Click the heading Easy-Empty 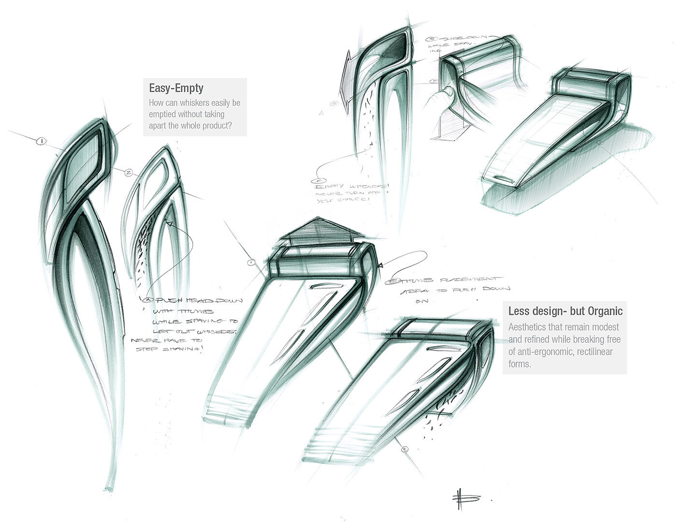(176, 88)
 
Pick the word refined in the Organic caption (545, 339)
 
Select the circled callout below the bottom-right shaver (405, 450)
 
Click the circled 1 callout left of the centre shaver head (251, 262)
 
